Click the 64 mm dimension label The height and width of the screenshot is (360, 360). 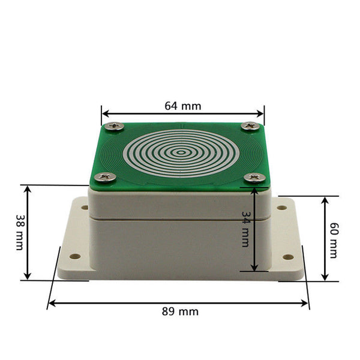click(183, 106)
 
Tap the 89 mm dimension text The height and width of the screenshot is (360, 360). click(180, 311)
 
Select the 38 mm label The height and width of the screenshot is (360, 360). click(20, 233)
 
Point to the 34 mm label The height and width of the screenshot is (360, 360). click(245, 227)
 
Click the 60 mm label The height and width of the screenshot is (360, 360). click(334, 237)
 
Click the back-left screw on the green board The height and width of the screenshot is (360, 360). click(115, 126)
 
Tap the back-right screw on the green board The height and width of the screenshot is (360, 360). click(249, 126)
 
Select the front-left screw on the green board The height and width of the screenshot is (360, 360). click(107, 177)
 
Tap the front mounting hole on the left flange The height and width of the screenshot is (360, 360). click(75, 257)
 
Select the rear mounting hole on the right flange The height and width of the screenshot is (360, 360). click(281, 209)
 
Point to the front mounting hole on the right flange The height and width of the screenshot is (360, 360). click(286, 257)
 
